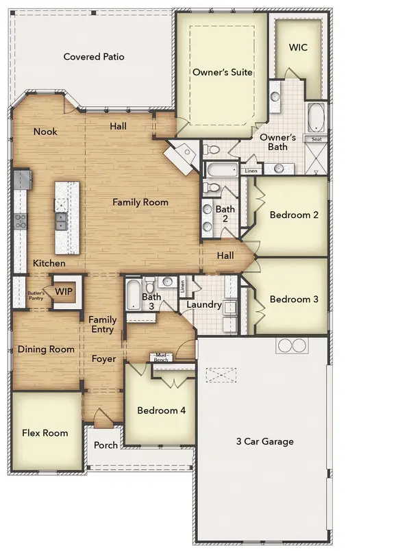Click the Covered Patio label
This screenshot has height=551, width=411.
[x=94, y=57]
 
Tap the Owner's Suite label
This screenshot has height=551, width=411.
[x=223, y=72]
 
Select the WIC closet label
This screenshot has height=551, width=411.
[x=298, y=47]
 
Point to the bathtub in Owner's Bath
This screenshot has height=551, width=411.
[x=316, y=117]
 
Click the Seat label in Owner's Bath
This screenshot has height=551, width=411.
[x=316, y=139]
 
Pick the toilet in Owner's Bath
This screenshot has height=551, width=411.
[x=211, y=149]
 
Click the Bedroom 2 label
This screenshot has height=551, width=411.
[x=294, y=215]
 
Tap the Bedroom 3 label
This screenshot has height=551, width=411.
[x=294, y=299]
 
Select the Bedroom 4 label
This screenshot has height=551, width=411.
[x=161, y=410]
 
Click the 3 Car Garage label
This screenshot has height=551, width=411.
[x=265, y=441]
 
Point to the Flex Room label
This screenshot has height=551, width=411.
[x=45, y=433]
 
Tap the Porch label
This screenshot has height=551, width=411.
[x=105, y=445]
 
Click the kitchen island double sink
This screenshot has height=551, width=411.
[x=61, y=221]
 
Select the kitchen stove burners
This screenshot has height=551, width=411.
[x=21, y=221]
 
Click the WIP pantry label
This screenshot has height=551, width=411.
[x=64, y=291]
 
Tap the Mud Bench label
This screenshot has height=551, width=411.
[x=161, y=357]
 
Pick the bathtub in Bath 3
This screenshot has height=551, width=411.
[x=134, y=295]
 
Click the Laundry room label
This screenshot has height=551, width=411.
[x=203, y=305]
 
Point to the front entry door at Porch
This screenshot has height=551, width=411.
[x=103, y=418]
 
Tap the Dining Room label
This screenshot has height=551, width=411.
[x=46, y=350]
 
